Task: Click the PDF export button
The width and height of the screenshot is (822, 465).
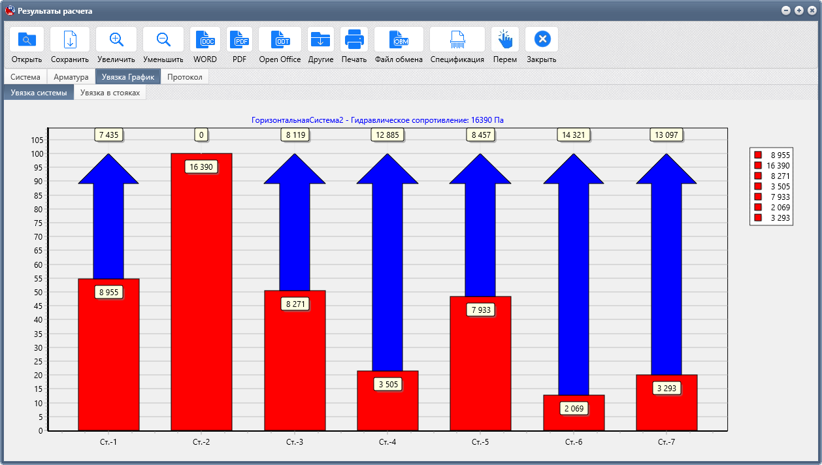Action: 239,45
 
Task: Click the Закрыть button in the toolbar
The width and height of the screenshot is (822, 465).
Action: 542,45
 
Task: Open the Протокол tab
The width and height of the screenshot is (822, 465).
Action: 184,77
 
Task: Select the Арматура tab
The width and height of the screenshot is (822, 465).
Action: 71,77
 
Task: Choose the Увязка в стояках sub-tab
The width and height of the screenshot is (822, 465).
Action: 110,93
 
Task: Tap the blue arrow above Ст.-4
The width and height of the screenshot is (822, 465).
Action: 387,262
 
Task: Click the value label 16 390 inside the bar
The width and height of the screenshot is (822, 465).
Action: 201,167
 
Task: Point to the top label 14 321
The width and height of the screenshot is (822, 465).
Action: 574,135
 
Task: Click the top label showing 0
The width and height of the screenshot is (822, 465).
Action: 201,135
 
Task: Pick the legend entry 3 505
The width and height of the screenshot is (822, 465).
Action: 772,187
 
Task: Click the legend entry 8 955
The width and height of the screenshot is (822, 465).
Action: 772,155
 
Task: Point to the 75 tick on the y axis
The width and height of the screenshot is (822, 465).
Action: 38,223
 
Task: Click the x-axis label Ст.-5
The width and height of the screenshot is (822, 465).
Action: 480,442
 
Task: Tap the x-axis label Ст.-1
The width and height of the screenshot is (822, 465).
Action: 108,442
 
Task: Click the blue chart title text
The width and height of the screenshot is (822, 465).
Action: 377,120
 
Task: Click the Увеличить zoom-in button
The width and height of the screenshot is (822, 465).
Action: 116,45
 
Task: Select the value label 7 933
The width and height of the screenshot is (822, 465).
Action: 481,310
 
